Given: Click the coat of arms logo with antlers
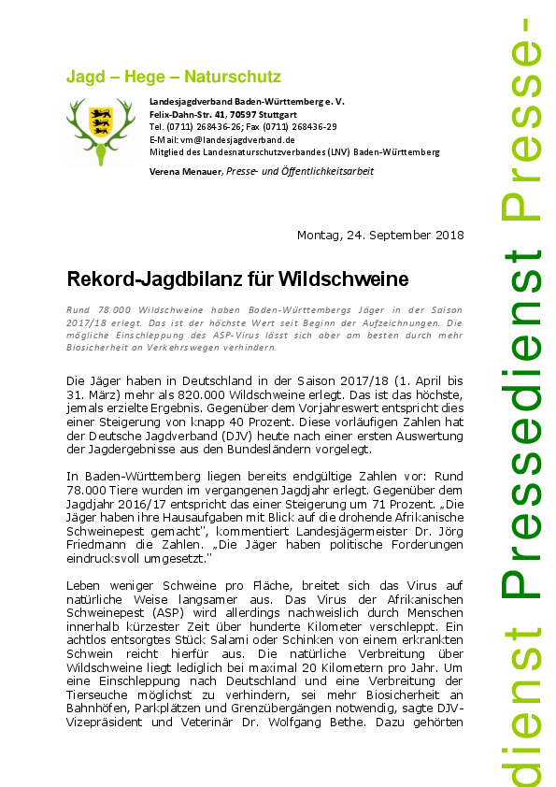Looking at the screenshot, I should pos(100,131).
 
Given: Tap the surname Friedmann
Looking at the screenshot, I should pos(98,544).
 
